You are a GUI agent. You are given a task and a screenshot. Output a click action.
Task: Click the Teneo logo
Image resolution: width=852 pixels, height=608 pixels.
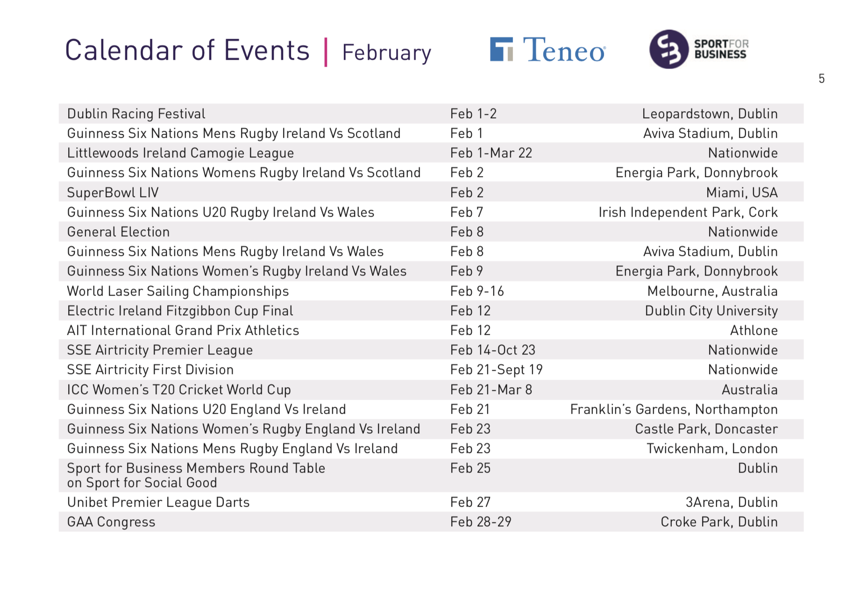(548, 49)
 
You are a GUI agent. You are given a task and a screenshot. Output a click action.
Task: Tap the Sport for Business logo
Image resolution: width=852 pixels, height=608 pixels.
(699, 49)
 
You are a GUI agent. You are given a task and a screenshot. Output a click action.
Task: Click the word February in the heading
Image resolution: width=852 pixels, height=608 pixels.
(387, 53)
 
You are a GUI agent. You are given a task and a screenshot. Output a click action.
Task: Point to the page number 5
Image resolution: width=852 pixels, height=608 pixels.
(822, 78)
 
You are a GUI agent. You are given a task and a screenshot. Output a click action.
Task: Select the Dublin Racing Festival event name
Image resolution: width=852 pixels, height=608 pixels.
(136, 114)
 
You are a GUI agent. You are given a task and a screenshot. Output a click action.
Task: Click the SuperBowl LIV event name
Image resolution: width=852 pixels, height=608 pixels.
(113, 192)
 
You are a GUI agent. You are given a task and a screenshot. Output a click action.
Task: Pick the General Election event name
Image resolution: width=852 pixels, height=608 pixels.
(118, 232)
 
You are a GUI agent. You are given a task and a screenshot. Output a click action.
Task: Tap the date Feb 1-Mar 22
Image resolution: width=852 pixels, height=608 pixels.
(491, 153)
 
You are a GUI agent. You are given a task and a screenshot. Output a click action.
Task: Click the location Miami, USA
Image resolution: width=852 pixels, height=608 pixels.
(742, 193)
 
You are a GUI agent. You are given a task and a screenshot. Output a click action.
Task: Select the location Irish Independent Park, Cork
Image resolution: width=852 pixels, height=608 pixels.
(688, 212)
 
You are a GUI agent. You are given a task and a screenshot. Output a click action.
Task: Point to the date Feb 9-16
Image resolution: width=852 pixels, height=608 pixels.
(477, 291)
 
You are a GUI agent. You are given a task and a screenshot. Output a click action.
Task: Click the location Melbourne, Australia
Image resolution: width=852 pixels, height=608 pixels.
(712, 291)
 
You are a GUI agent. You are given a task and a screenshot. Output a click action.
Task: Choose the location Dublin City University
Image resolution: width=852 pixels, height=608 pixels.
(711, 311)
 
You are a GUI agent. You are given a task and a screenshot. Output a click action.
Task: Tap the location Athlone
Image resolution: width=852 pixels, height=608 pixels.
(754, 331)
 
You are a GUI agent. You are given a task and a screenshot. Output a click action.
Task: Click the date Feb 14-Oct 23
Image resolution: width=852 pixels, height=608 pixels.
(493, 350)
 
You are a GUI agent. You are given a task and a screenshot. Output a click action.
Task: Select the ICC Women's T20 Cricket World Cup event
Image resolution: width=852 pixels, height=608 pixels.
(179, 390)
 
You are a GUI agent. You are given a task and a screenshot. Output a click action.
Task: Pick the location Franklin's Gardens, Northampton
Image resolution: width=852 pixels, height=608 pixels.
(674, 410)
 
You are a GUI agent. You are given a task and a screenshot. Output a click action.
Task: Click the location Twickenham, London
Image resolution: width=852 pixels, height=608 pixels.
(712, 449)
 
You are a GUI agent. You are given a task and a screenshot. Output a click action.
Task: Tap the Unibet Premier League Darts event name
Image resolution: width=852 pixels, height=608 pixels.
(158, 502)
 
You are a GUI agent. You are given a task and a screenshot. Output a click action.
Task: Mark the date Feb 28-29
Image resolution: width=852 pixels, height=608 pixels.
(481, 522)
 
